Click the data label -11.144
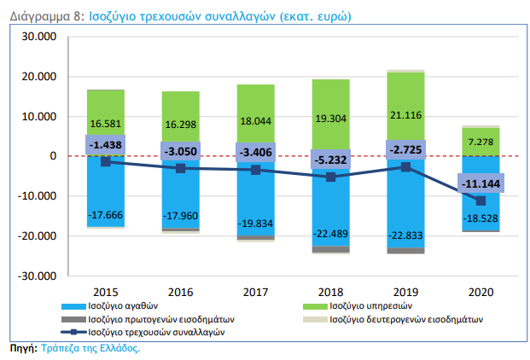pos(480,183)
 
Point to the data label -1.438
pos(106,145)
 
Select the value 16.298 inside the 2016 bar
pos(180,125)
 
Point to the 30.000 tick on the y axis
pos(39,38)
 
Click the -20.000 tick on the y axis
pos(38,236)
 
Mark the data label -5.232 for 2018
pos(330,159)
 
